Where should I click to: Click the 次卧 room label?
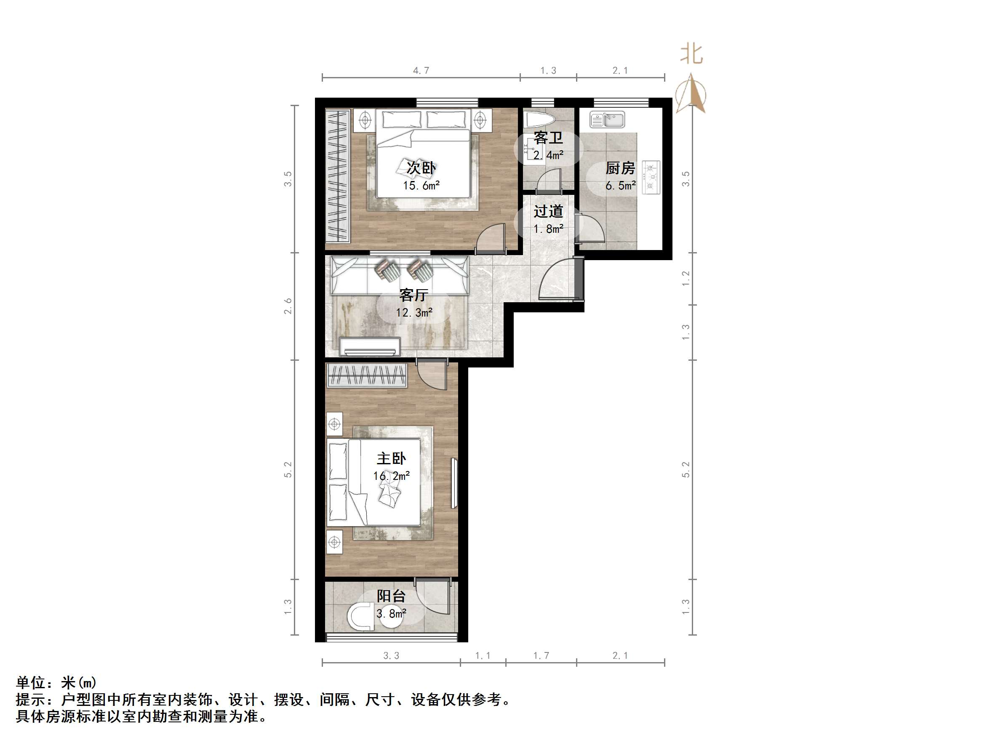click(421, 168)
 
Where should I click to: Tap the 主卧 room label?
click(391, 458)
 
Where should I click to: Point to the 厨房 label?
click(620, 168)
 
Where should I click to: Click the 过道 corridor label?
click(548, 211)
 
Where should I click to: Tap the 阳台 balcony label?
click(391, 596)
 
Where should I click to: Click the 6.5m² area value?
click(620, 186)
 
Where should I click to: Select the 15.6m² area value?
click(421, 186)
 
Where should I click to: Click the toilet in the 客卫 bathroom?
click(539, 120)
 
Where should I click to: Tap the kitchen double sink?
click(607, 120)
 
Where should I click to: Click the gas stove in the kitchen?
click(651, 178)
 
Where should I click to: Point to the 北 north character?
click(691, 54)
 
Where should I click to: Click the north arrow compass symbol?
click(691, 95)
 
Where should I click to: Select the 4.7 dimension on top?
click(421, 70)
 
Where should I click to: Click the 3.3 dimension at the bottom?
click(391, 656)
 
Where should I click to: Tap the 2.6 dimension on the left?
click(288, 306)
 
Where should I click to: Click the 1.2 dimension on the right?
click(686, 279)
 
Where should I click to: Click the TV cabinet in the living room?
click(369, 346)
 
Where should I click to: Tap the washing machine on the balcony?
click(361, 616)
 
